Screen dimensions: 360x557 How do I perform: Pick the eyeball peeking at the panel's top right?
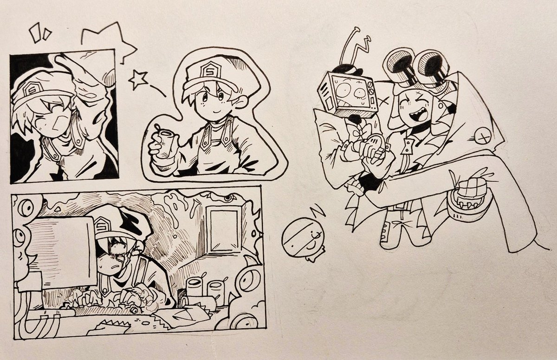(x=227, y=198)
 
